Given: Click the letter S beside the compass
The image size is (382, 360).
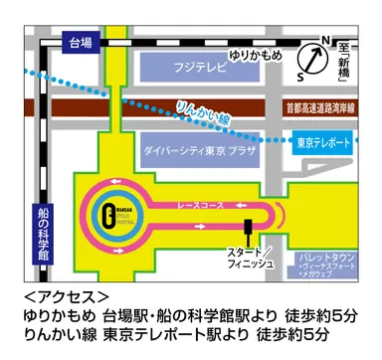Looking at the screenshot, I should click(301, 76).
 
